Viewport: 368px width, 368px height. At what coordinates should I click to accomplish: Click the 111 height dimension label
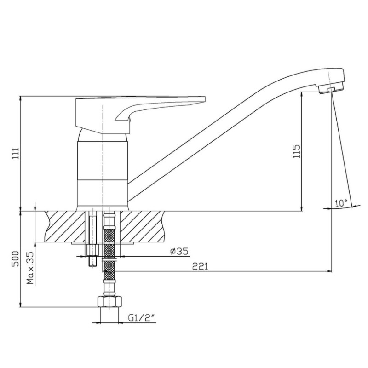pos(16,154)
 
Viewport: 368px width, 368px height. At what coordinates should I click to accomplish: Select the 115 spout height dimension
pos(297,151)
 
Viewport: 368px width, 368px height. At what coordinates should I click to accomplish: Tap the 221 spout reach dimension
pos(200,266)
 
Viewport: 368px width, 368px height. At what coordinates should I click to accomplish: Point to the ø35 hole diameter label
pos(179,251)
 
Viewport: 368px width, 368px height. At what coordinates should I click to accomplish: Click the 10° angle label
pos(341,203)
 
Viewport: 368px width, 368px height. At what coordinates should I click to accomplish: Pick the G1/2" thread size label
pos(142,318)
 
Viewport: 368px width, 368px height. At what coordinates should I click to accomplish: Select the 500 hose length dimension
pos(16,259)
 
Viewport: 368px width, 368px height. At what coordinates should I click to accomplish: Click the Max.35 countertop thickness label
pos(30,268)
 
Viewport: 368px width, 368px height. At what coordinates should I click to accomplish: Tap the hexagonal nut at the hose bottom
pos(109,301)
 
